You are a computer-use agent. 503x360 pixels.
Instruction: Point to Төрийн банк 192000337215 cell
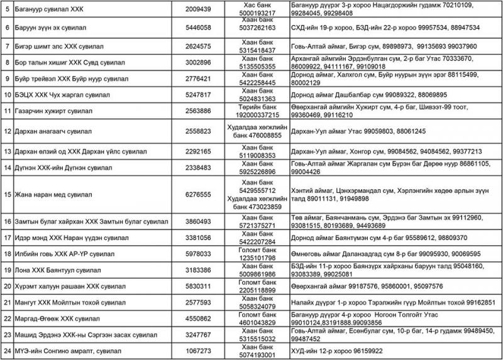coord(258,112)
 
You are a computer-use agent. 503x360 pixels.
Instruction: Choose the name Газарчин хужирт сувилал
coord(53,112)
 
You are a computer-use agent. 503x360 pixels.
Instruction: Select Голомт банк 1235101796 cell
coord(258,254)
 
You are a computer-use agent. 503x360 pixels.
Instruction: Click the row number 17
coord(7,237)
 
